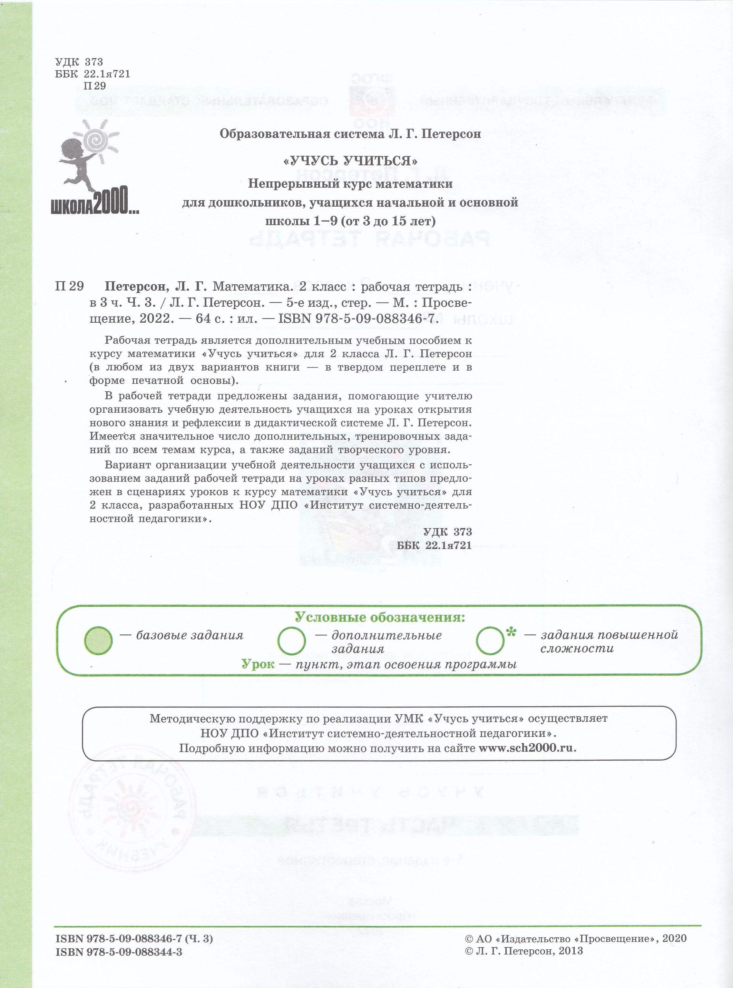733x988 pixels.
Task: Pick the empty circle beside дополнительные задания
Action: click(x=291, y=641)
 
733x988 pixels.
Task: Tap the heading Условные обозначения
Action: click(x=380, y=617)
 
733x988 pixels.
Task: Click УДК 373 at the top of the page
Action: click(x=79, y=62)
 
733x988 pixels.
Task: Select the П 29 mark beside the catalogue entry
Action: click(x=69, y=287)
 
